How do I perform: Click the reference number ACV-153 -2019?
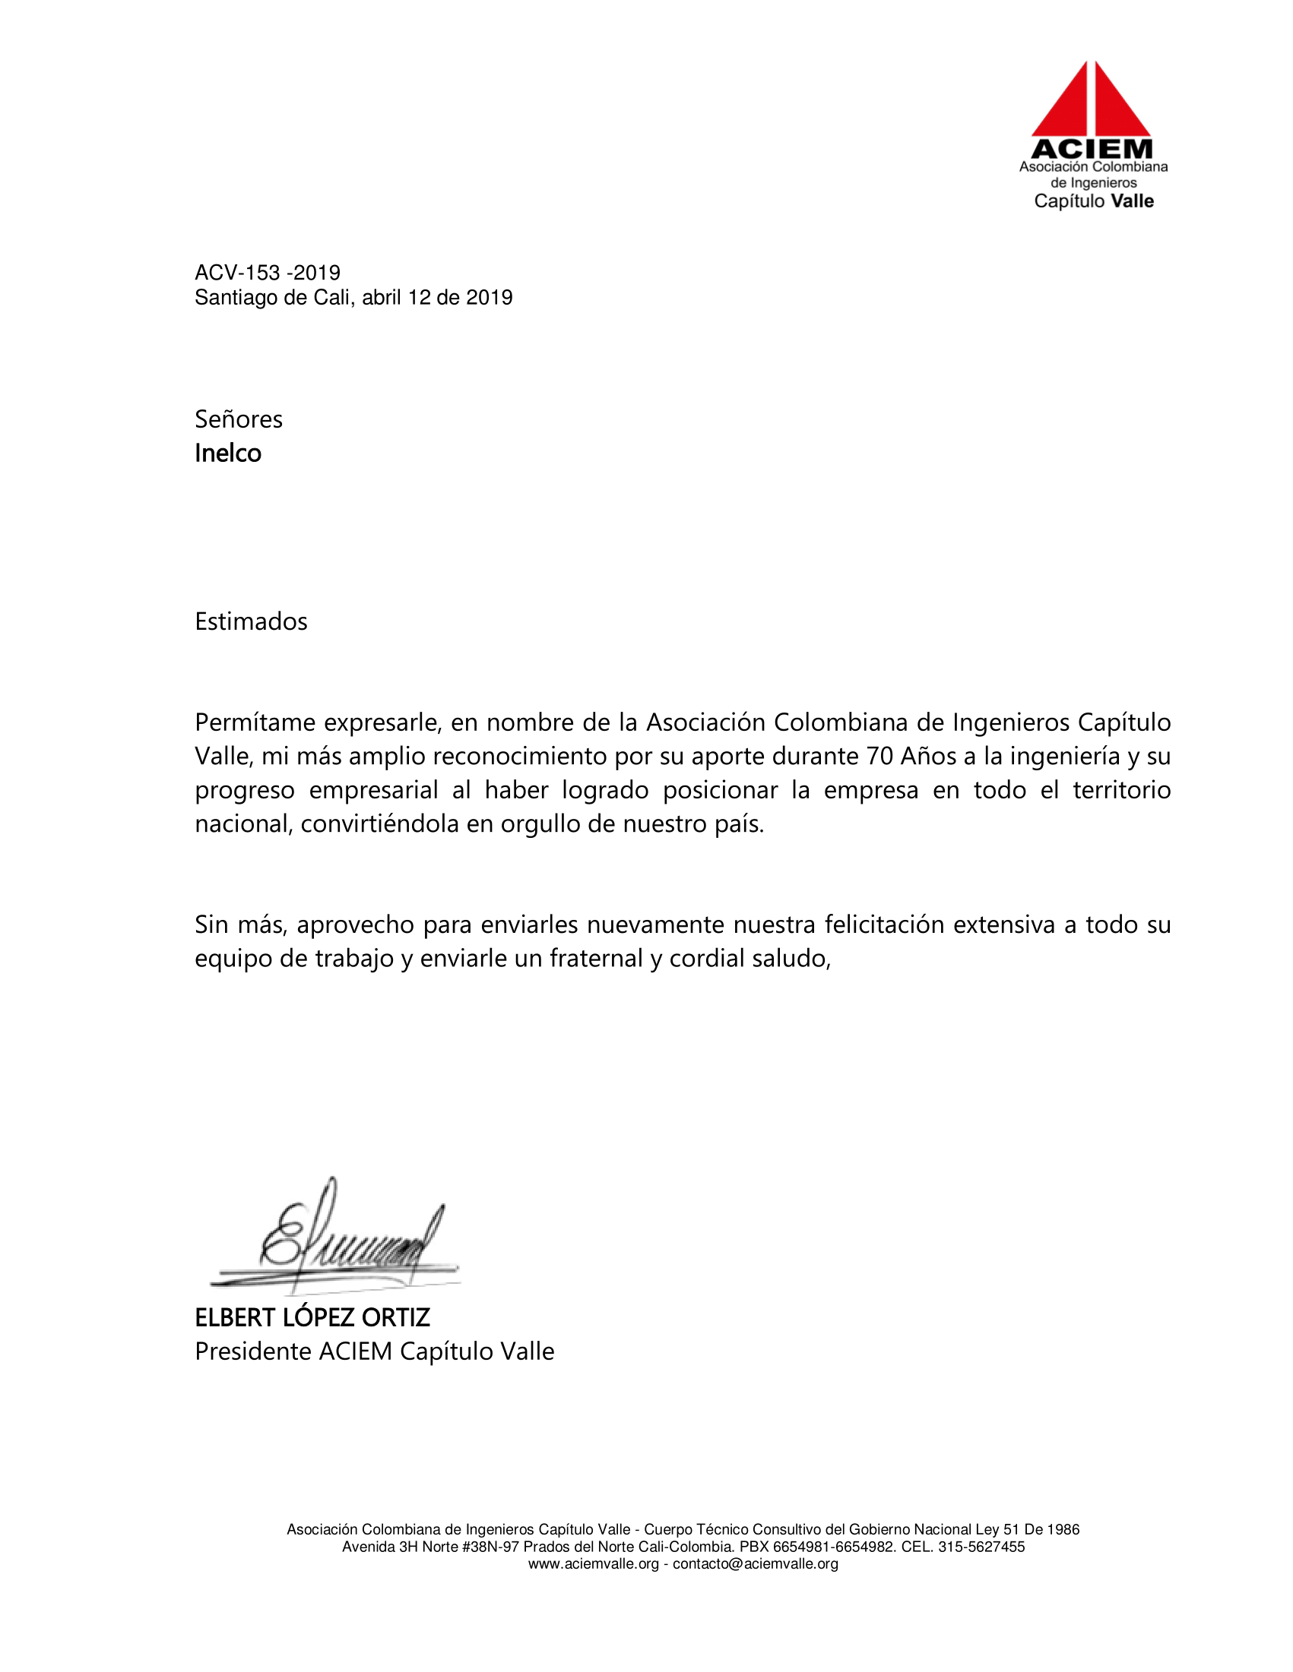268,273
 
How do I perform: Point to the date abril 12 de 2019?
436,298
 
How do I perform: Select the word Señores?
238,419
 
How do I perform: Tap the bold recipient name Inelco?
227,454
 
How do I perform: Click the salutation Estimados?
251,621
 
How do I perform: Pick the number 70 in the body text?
879,757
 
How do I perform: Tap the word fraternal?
596,959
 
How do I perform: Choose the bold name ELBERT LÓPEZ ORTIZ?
312,1317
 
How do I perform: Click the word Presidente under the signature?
253,1351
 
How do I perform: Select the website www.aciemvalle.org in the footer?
594,1564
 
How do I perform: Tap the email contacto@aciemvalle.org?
756,1564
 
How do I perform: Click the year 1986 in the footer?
1063,1530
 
